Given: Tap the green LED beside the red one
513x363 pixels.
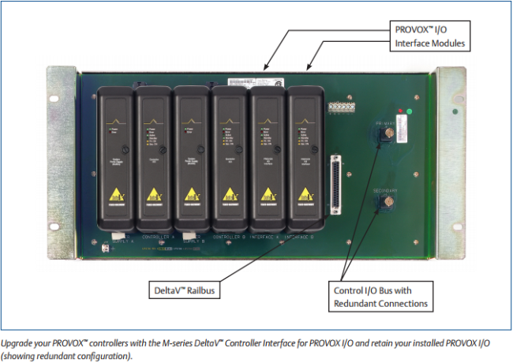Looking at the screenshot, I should point(410,111).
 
